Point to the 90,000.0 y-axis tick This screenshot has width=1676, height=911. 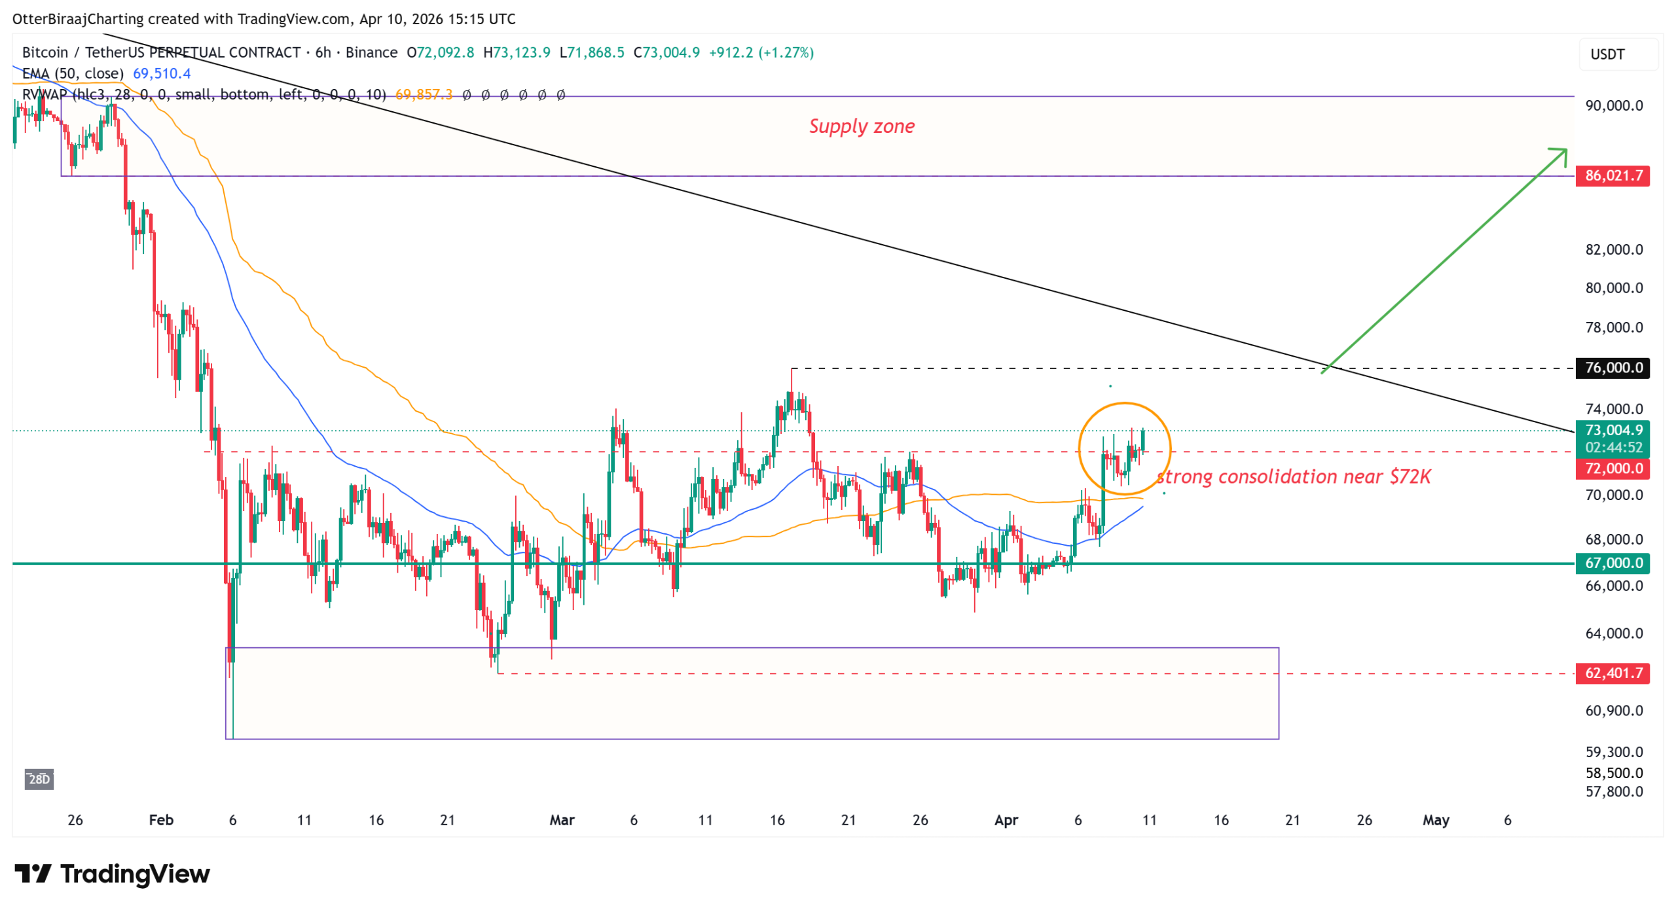tap(1613, 105)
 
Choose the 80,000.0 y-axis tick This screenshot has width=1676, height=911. tap(1613, 288)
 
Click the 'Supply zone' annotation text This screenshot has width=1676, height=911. tap(861, 126)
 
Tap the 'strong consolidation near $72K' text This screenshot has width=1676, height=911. tap(1293, 476)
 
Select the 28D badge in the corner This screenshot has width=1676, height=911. tap(39, 779)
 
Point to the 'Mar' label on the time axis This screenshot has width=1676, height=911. tap(562, 820)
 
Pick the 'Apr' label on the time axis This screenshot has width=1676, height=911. tap(1006, 820)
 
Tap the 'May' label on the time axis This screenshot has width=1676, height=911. tap(1435, 820)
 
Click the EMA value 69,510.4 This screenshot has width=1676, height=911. tap(162, 73)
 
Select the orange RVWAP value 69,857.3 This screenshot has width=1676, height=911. tap(424, 95)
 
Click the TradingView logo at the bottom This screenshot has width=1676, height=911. tap(112, 874)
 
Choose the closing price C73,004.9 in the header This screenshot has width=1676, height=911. tap(666, 52)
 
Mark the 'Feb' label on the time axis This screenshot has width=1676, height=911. tap(161, 820)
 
